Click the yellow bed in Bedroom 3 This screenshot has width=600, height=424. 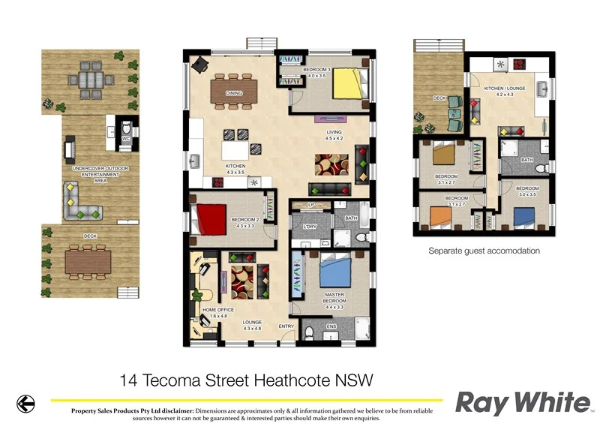[x=346, y=84]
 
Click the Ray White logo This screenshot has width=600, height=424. [x=522, y=403]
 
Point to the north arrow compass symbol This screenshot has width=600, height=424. [x=25, y=404]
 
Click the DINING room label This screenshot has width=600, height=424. [x=234, y=95]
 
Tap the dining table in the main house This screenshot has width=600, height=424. [x=234, y=89]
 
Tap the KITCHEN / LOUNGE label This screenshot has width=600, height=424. [x=504, y=89]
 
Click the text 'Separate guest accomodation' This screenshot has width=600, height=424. [x=484, y=251]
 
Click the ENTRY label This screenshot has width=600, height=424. [x=286, y=326]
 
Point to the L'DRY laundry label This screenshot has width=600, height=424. [x=308, y=227]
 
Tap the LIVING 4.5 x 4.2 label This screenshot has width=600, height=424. [x=334, y=135]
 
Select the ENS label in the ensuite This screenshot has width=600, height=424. [x=331, y=327]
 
